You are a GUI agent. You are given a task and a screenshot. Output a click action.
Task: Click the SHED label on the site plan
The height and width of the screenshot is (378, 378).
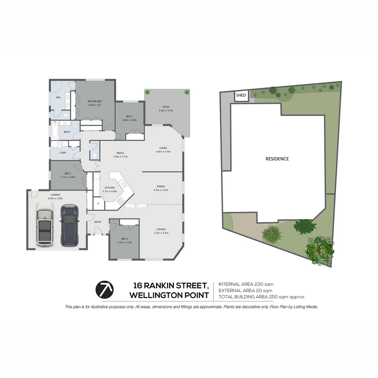(241, 95)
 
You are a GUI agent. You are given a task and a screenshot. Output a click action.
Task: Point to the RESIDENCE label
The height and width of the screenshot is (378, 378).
(277, 159)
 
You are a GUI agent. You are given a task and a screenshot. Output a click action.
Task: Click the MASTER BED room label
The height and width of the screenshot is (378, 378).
(94, 101)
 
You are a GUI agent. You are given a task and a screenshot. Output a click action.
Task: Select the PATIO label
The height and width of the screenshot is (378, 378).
(166, 107)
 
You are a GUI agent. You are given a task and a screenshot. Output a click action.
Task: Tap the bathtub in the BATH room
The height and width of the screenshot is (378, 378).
(55, 130)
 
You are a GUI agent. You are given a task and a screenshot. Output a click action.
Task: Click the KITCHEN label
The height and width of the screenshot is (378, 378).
(110, 188)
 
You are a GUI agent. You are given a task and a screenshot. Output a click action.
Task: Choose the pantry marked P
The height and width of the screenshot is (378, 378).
(98, 203)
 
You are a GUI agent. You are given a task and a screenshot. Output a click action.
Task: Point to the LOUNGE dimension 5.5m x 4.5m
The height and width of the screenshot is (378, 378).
(161, 233)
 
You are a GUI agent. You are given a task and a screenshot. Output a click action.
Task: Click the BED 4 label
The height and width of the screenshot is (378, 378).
(125, 239)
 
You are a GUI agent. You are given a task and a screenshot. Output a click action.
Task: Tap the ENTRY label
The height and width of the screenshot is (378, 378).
(98, 222)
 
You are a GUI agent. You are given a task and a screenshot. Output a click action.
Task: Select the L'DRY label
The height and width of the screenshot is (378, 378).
(63, 153)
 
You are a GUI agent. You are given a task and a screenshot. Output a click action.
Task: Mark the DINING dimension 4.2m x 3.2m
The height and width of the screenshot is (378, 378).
(161, 190)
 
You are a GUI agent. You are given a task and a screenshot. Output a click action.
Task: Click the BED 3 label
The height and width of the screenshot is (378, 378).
(68, 174)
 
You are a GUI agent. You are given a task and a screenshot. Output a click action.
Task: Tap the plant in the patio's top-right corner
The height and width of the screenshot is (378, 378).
(187, 92)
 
